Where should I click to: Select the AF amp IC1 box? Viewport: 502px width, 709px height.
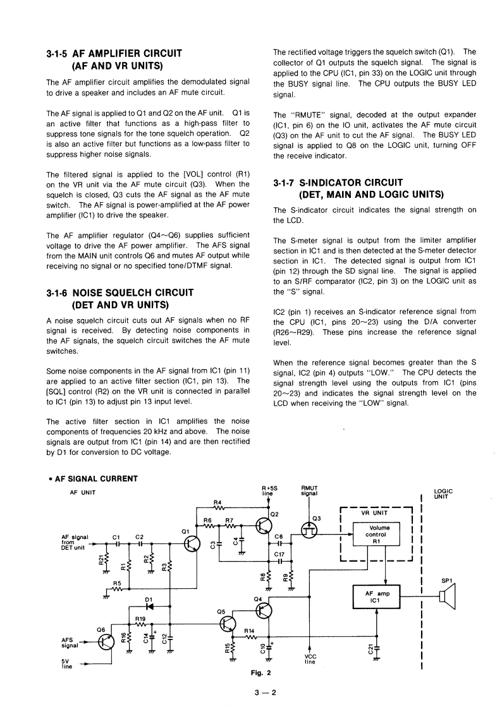[x=377, y=596]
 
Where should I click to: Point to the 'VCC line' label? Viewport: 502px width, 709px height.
[x=310, y=659]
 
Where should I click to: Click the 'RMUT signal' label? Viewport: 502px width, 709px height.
[x=310, y=490]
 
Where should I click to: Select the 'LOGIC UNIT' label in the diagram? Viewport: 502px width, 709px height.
[x=444, y=494]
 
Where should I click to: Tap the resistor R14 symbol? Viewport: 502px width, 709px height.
[x=249, y=636]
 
